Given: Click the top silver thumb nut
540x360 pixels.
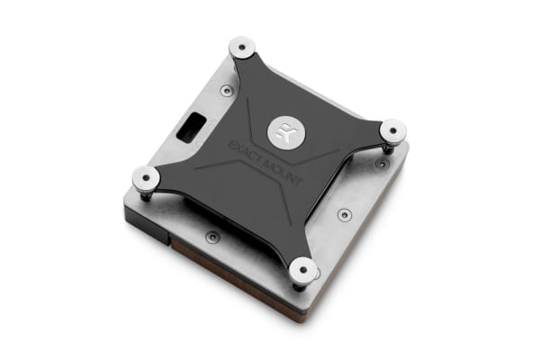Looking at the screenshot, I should [242, 47].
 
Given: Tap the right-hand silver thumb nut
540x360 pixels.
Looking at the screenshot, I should [392, 132].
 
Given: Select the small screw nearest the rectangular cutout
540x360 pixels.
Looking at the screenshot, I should [226, 91].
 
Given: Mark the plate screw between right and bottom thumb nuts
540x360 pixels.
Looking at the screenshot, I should [345, 215].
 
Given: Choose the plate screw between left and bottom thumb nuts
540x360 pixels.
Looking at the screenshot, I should [211, 238].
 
